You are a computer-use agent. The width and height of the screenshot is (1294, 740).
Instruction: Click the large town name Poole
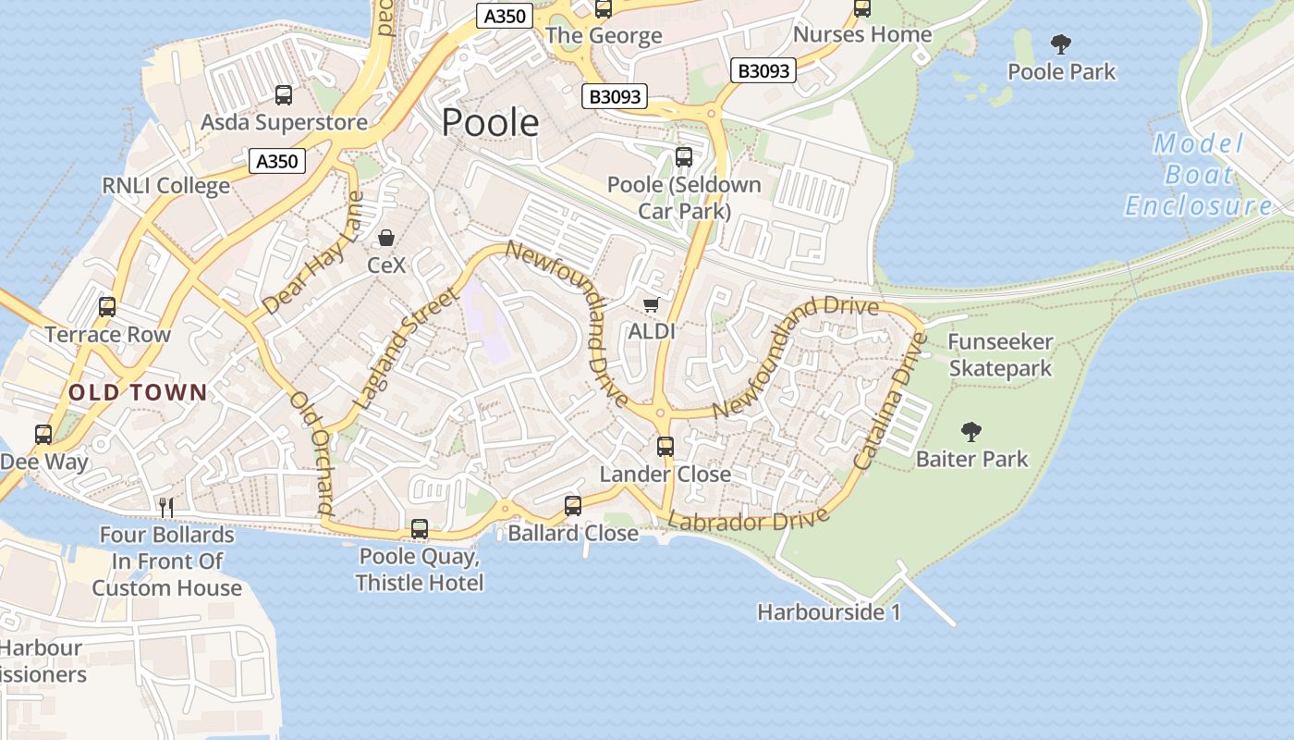[490, 122]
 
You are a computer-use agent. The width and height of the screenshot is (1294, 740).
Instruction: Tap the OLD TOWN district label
[138, 392]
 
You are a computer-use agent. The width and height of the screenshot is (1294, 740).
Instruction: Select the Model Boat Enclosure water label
[1199, 175]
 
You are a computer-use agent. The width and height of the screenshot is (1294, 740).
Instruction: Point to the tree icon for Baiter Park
[970, 430]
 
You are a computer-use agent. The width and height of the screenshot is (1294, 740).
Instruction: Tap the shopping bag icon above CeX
[386, 238]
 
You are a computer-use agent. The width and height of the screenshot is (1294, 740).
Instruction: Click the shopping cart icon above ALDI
[652, 304]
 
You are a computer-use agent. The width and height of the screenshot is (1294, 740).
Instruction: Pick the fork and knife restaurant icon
[166, 506]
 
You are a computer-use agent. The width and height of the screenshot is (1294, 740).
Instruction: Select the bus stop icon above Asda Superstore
[284, 94]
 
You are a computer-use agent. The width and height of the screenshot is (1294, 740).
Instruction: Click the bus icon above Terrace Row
[107, 306]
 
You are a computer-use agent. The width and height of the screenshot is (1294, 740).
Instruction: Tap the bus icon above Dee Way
[43, 434]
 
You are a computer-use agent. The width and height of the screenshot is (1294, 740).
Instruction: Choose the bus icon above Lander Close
[665, 447]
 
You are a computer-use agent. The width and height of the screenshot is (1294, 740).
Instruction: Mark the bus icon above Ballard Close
[573, 505]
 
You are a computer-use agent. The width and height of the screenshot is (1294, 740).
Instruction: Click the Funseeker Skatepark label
[1000, 355]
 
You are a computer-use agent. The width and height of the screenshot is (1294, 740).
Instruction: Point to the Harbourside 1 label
[828, 612]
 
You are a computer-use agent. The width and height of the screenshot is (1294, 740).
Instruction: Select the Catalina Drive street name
[889, 401]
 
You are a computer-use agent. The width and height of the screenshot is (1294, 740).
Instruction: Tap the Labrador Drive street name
[749, 520]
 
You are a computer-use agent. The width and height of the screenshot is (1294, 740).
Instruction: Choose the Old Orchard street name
[311, 452]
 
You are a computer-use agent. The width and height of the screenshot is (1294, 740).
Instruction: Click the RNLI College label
[166, 185]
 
